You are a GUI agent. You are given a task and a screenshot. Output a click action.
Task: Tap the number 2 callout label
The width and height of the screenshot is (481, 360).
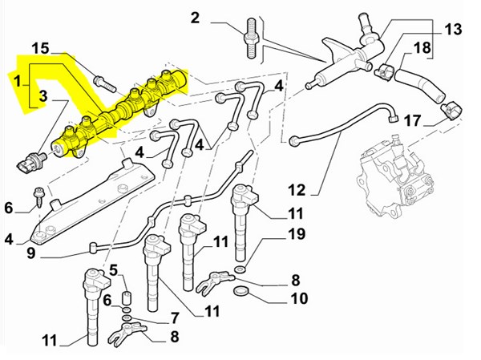(196, 18)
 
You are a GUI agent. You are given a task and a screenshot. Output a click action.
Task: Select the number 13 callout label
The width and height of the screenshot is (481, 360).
(453, 30)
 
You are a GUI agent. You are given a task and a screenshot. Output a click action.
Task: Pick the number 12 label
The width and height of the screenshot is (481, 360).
(297, 191)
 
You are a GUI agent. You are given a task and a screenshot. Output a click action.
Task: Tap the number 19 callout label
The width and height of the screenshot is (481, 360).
(296, 235)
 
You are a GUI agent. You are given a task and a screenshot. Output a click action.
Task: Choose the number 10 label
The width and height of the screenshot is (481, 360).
(297, 299)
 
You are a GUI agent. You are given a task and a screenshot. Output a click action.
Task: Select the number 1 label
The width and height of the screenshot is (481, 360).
(16, 80)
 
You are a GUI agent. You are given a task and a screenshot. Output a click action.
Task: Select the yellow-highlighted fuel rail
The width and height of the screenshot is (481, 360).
(120, 112)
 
